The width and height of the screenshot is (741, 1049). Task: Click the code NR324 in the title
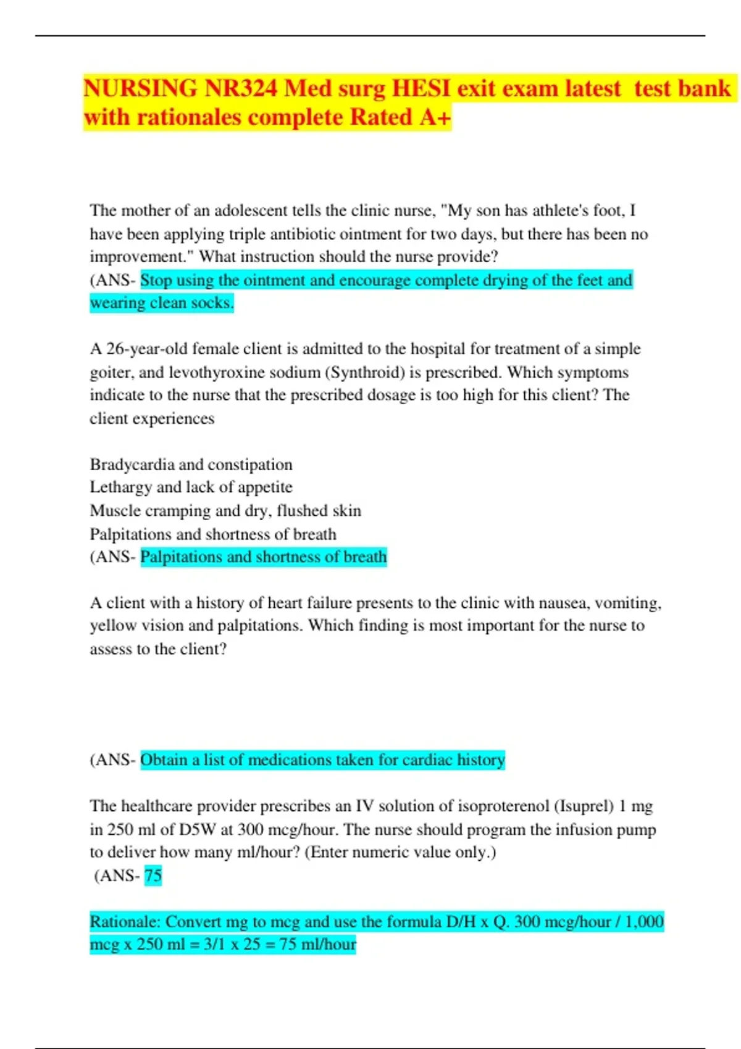coord(241,89)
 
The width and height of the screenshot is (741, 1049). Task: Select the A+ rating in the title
coord(435,117)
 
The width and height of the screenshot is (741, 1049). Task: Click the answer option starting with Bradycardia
coord(191,465)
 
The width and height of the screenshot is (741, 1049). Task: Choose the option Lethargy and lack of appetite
coord(191,487)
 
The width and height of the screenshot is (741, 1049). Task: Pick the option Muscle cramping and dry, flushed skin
coord(225,511)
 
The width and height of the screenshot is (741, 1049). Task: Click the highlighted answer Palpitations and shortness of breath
coord(263,557)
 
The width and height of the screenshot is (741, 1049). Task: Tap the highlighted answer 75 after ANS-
coord(153,876)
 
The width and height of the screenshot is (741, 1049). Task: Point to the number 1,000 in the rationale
coord(644,922)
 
